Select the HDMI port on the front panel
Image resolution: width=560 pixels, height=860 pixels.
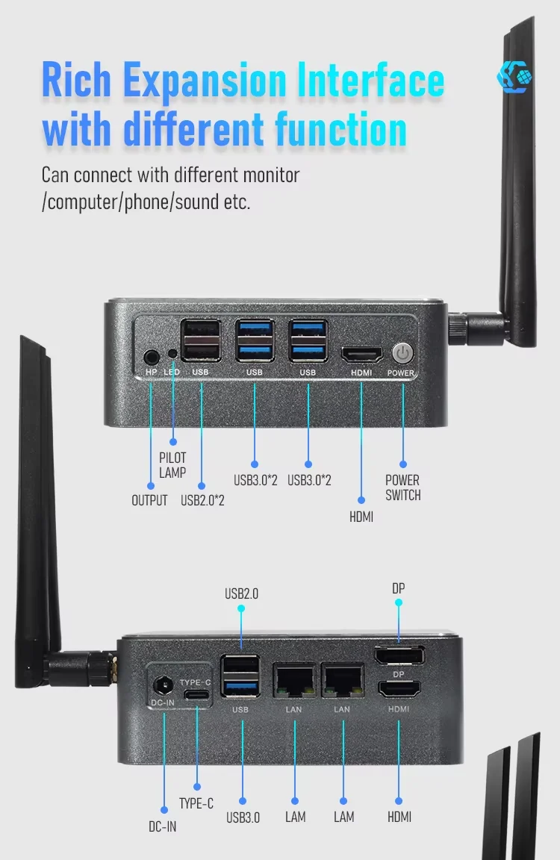361,354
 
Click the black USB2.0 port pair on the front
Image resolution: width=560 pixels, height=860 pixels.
201,340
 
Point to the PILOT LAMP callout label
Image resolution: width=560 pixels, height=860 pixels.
172,464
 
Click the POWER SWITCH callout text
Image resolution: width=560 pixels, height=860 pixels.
402,487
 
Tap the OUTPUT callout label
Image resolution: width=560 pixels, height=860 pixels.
149,500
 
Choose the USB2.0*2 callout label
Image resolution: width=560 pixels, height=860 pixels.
202,500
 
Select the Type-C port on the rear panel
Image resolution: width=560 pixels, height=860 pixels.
197,694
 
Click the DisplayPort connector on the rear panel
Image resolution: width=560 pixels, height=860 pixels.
399,657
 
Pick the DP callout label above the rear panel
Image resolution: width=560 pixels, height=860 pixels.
399,588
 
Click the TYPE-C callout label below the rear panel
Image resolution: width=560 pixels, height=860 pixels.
196,803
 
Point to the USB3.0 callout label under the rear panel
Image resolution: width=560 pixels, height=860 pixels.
243,817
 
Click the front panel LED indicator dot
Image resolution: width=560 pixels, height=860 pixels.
172,354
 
